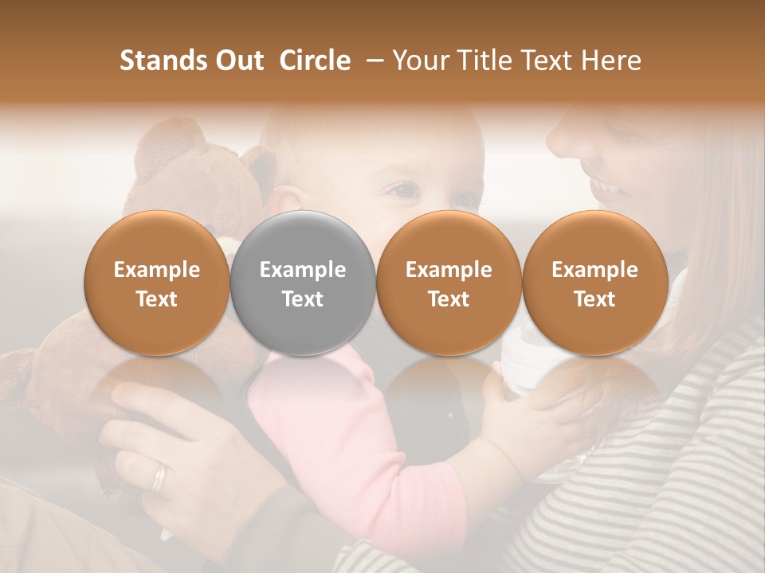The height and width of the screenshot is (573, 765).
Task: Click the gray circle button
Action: [302, 283]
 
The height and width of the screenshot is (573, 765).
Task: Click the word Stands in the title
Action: [163, 60]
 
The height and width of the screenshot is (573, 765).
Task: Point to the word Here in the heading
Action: [612, 60]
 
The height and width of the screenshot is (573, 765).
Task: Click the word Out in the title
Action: [240, 60]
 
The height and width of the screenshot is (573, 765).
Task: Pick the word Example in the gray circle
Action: [303, 270]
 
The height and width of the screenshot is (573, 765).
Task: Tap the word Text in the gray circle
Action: [303, 299]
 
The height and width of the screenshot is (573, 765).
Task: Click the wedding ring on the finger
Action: [160, 477]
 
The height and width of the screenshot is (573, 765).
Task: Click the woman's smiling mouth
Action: [610, 189]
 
